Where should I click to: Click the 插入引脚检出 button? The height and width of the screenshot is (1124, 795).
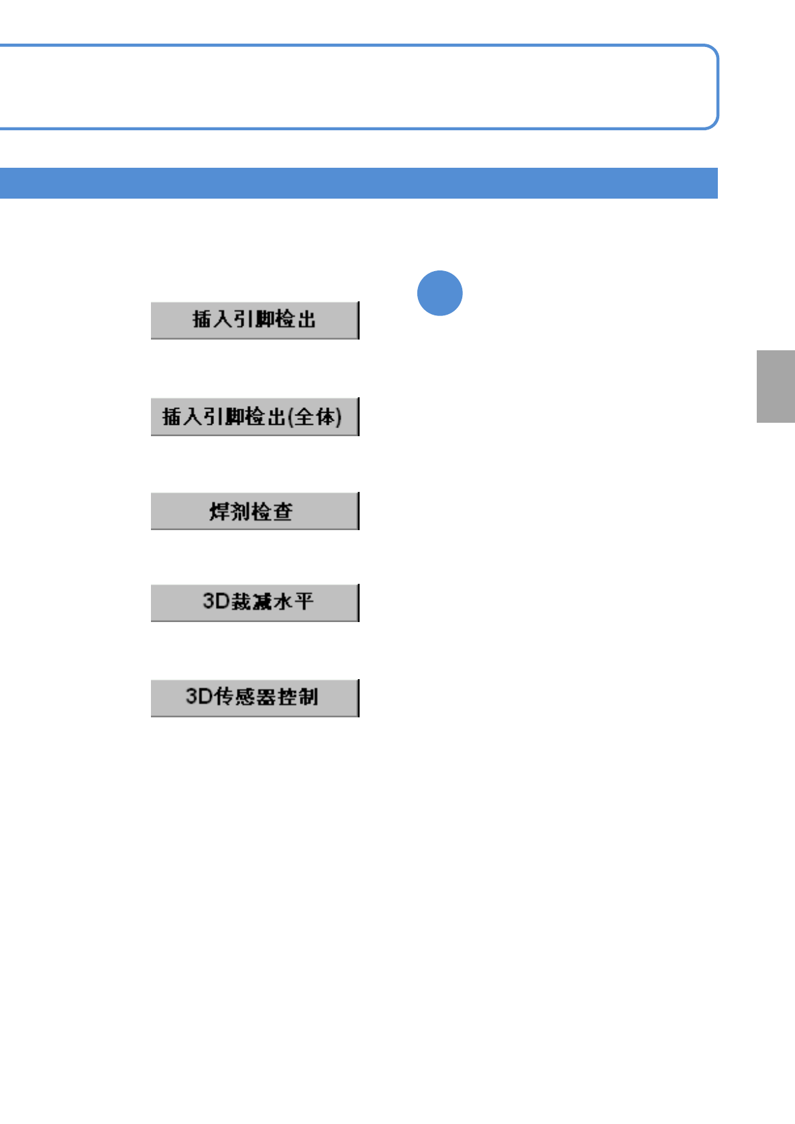255,320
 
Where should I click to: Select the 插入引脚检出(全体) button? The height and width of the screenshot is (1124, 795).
255,417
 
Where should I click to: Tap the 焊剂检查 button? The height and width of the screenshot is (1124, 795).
255,511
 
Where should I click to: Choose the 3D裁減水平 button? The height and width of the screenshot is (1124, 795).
255,603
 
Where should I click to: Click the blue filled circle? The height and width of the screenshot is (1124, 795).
440,293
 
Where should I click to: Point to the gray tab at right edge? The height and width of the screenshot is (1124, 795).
776,387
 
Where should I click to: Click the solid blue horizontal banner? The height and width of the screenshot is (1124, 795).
359,183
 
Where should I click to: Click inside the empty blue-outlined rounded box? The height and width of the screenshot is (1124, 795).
359,87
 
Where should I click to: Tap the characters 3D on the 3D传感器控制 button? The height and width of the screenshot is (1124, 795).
199,697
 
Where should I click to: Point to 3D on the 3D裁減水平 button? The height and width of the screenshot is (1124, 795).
216,601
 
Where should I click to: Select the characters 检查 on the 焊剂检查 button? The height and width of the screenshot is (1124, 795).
272,512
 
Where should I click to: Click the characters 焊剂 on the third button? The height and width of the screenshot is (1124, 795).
229,512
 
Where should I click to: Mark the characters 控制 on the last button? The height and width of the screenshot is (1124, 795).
299,697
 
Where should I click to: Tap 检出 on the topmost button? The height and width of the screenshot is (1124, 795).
296,319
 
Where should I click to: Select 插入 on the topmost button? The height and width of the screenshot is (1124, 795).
212,319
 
